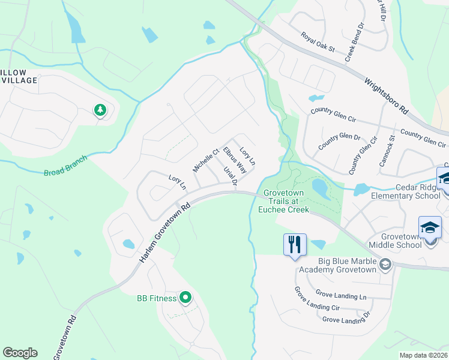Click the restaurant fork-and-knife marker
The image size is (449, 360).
(x=295, y=244)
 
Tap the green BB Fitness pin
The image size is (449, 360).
(x=185, y=297)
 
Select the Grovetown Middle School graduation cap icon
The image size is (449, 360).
(x=430, y=229)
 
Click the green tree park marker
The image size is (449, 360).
(x=100, y=110)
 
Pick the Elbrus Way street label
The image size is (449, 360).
(x=235, y=160)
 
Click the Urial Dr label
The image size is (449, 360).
(x=231, y=176)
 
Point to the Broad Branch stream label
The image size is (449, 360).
(x=65, y=166)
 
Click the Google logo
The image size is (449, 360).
(x=20, y=353)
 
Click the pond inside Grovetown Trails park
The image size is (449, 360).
(x=320, y=190)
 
